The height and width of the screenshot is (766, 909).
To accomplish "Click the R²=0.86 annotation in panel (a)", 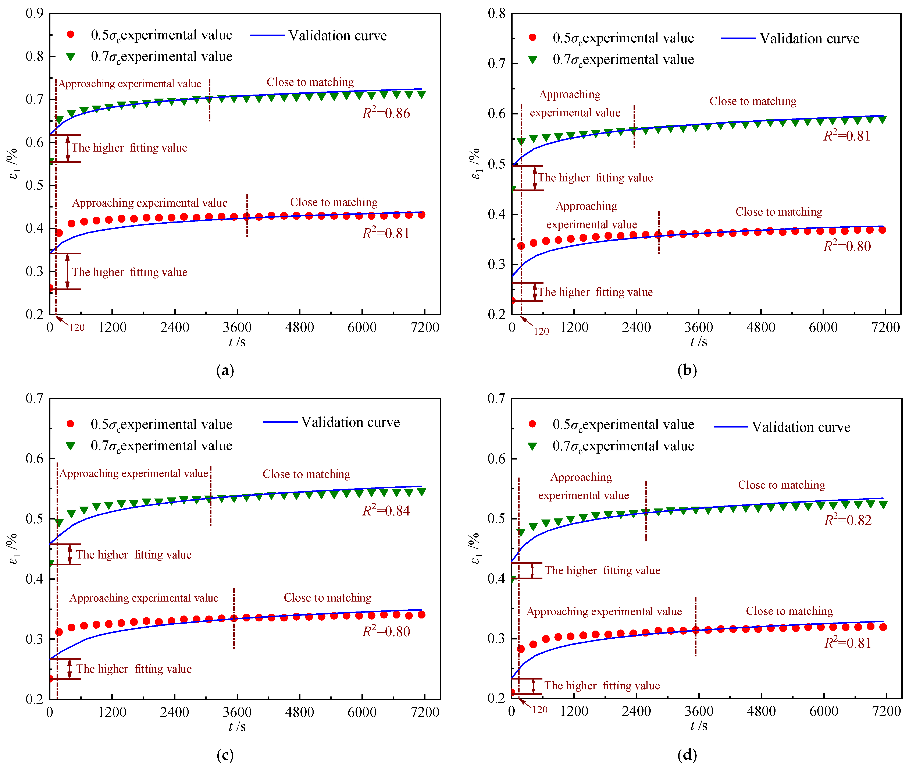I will point(386,113).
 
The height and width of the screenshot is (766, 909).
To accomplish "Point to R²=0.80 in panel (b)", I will point(847,246).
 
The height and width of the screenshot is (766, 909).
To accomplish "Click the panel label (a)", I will point(225,370).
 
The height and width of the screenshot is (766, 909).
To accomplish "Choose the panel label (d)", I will point(687,755).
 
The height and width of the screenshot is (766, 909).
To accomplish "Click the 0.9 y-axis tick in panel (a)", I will point(35,14).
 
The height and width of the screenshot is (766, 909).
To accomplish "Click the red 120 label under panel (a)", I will point(77,327).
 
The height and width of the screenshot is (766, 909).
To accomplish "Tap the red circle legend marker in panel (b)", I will point(532,38).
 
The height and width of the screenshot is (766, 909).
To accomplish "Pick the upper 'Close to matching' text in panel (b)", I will point(753,101).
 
